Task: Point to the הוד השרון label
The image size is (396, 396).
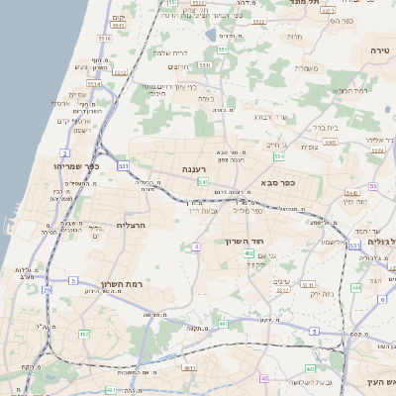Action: pyautogui.click(x=269, y=243)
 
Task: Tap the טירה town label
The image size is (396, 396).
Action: pyautogui.click(x=380, y=49)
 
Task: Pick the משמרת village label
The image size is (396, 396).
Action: pyautogui.click(x=311, y=67)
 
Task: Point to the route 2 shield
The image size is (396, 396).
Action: pyautogui.click(x=64, y=154)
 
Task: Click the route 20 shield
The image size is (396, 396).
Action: pyautogui.click(x=47, y=290)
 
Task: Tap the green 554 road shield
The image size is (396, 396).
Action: pyautogui.click(x=279, y=157)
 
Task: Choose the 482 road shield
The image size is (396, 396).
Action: pyautogui.click(x=83, y=335)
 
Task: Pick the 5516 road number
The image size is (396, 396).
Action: pyautogui.click(x=105, y=38)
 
